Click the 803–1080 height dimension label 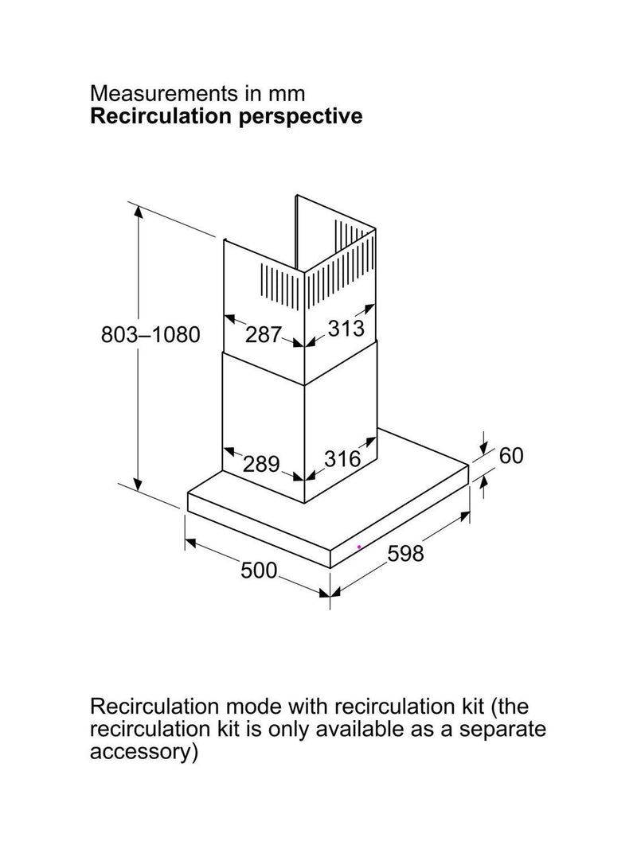(x=150, y=335)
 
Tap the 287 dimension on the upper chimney (x=264, y=335)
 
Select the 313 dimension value (x=346, y=328)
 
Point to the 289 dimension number (x=261, y=464)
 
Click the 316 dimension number (x=342, y=459)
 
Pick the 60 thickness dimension (x=511, y=456)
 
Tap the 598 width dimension (x=406, y=553)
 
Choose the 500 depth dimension (x=259, y=571)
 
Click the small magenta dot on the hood (x=359, y=547)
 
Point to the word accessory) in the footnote (x=143, y=753)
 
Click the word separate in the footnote (x=502, y=730)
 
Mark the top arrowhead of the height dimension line (x=139, y=212)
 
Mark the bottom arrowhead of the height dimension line (x=139, y=484)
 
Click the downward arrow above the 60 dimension (x=483, y=443)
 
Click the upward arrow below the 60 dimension (x=483, y=486)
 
